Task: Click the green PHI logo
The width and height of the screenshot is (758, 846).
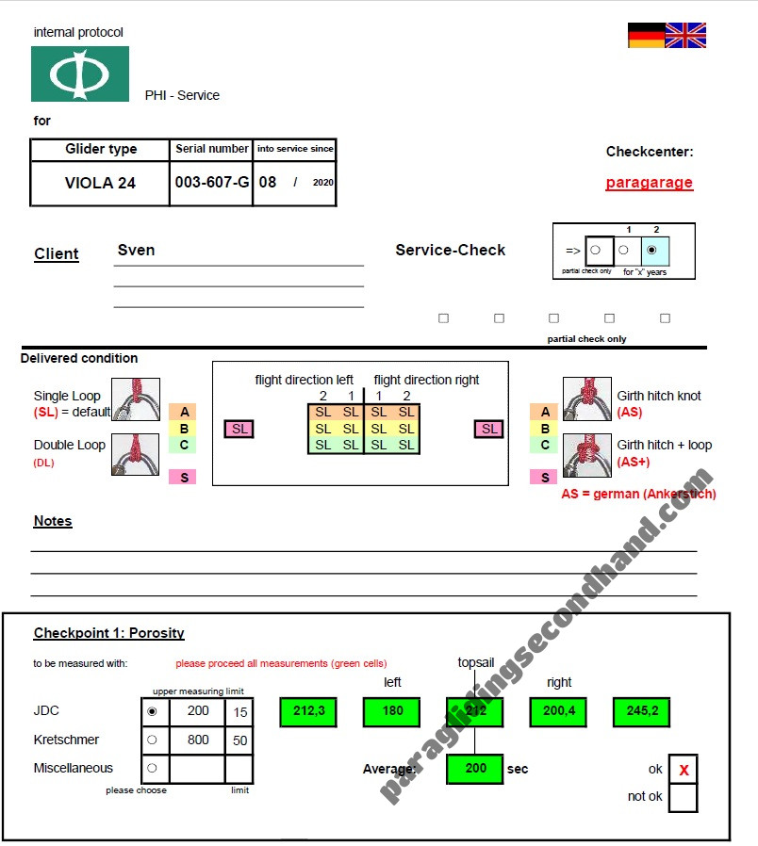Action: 80,73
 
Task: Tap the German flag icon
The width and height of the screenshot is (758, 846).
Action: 646,36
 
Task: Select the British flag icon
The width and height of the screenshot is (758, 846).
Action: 685,36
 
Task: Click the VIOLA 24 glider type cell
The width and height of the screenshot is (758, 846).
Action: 100,183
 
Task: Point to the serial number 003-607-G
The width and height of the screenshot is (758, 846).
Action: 212,183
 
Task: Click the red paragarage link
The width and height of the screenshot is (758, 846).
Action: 649,183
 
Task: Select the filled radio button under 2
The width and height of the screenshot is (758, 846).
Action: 651,251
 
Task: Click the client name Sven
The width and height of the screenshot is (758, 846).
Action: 137,250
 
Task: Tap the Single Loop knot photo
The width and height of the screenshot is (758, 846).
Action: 136,399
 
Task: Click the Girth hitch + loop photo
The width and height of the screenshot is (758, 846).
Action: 587,454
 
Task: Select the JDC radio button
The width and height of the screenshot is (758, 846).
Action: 152,711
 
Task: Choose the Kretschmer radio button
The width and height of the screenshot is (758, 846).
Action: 152,740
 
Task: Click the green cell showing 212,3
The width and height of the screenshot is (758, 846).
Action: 308,712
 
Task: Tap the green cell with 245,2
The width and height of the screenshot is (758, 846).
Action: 641,712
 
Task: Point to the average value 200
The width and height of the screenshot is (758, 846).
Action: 475,769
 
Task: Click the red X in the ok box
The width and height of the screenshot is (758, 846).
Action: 684,771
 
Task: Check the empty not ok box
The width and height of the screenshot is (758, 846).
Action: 684,798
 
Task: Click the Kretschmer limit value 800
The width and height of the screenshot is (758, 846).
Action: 198,740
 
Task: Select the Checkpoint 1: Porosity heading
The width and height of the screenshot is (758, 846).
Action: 109,633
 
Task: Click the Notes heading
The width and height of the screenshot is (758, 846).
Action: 53,521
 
